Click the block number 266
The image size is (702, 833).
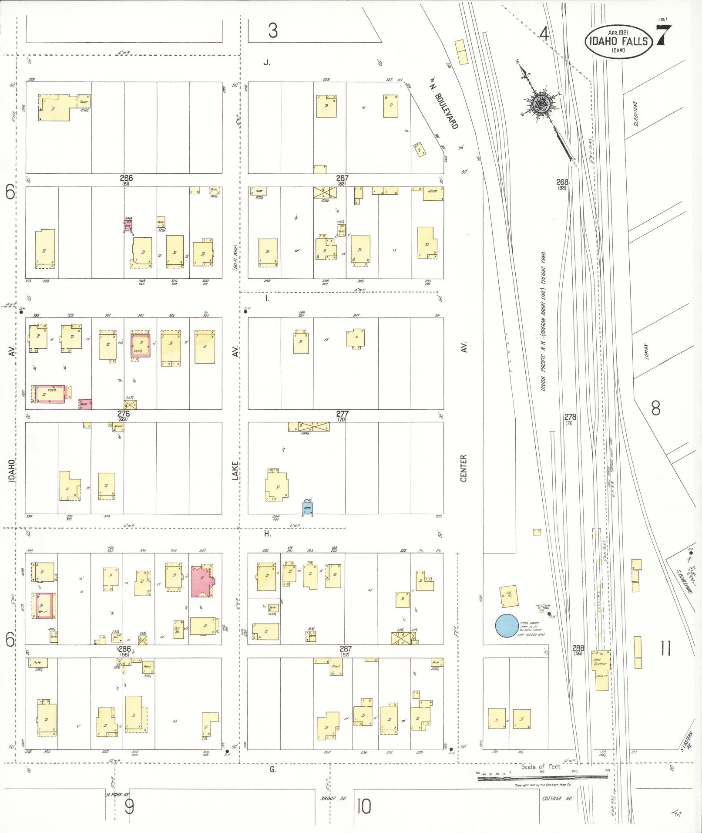coord(126,178)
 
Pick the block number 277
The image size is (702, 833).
coord(342,414)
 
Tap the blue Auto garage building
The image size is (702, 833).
coord(308,508)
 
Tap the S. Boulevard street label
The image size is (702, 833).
coord(685,583)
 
